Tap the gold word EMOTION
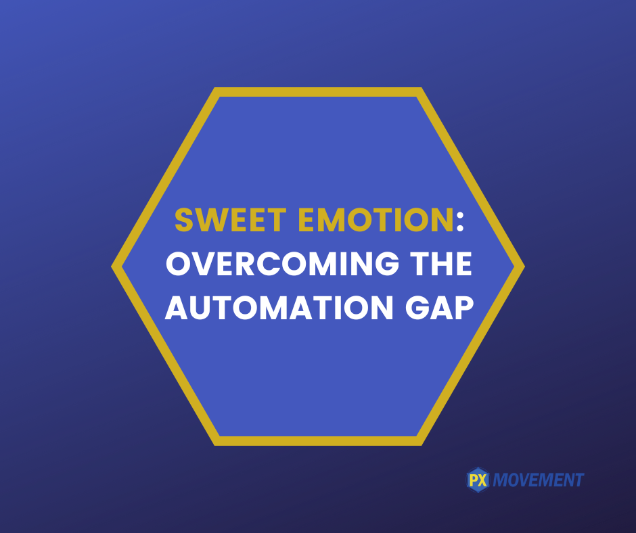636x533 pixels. tap(376, 220)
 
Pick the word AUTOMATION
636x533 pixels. tap(279, 308)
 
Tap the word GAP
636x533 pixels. tap(439, 308)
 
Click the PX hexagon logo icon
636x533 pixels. tap(478, 480)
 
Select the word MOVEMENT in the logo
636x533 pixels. tap(539, 480)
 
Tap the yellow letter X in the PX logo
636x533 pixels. tap(482, 480)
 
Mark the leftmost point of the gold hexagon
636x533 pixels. tap(112, 266)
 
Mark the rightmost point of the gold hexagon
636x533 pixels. tap(525, 266)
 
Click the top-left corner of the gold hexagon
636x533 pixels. tap(214, 88)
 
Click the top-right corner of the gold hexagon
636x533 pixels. tap(422, 88)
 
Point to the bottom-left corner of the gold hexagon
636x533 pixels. tap(214, 445)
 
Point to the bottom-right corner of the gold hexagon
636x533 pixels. tap(422, 445)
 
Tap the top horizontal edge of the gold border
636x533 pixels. tap(318, 92)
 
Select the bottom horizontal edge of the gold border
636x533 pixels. tap(318, 441)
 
